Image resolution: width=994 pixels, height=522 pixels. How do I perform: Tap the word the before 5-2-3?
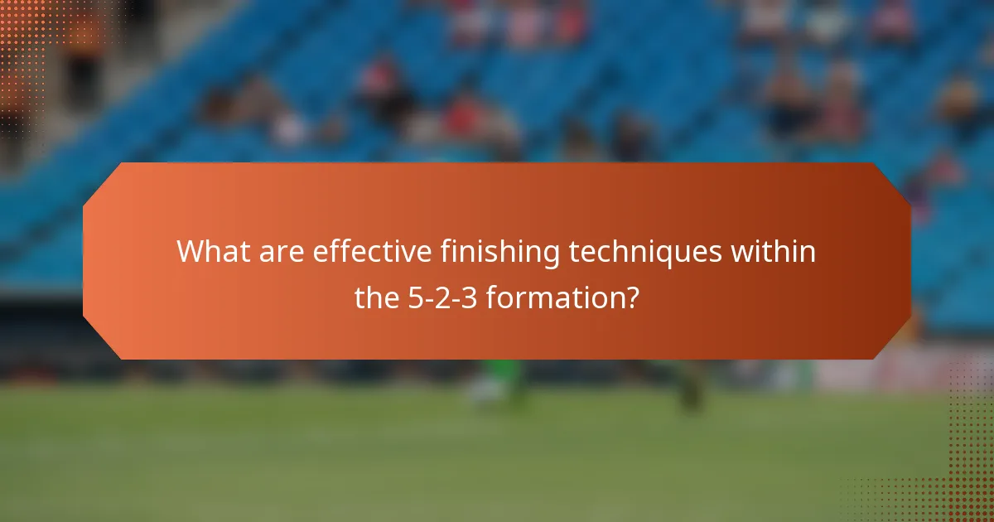tap(378, 296)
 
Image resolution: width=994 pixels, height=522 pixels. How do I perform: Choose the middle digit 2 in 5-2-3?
tap(444, 296)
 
